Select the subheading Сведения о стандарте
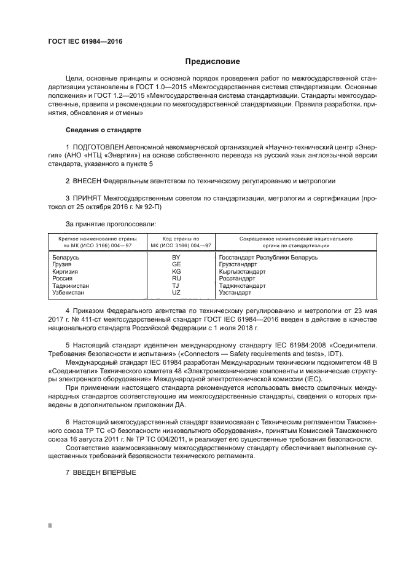click(103, 130)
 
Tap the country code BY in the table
click(176, 257)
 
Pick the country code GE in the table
click(176, 264)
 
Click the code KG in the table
click(176, 271)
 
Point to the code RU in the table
click(176, 279)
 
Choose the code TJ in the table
click(176, 285)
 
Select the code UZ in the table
click(176, 293)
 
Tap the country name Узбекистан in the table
click(71, 293)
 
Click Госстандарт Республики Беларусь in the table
click(268, 257)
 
